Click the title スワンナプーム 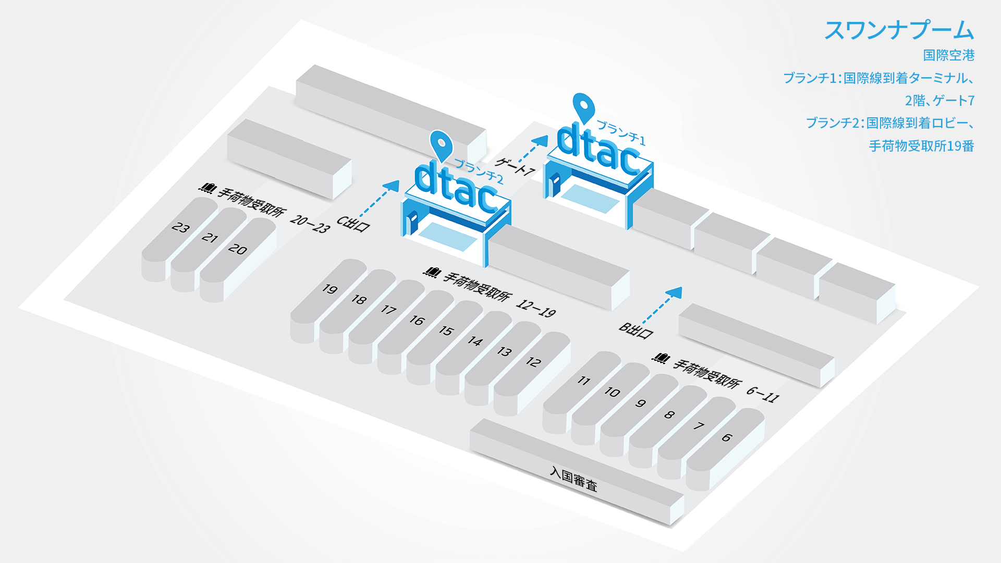click(899, 30)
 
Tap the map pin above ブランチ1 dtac click(583, 108)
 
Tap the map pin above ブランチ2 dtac click(441, 146)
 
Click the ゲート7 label click(515, 166)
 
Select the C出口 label click(353, 224)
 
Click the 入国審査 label click(573, 479)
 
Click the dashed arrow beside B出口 click(663, 305)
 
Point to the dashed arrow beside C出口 click(380, 199)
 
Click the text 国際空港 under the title click(949, 55)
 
